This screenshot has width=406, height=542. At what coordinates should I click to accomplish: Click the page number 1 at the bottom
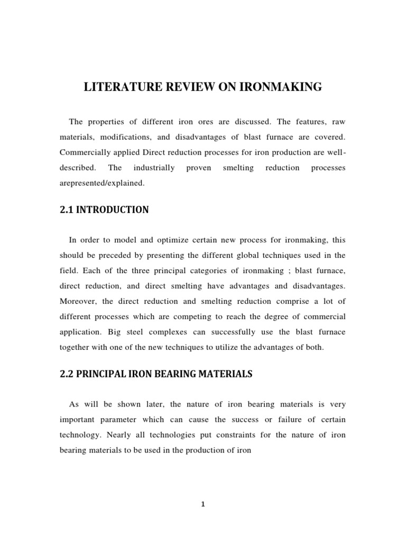[202, 504]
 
